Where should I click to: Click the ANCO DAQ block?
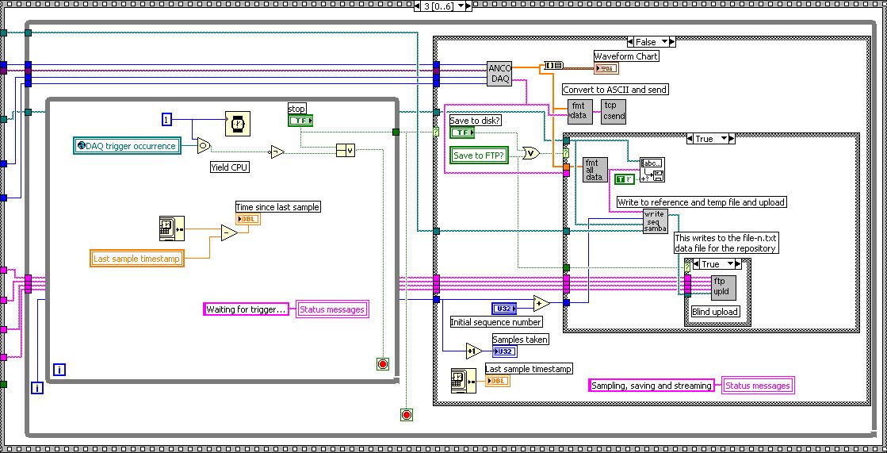click(499, 73)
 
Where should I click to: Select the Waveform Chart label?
click(626, 56)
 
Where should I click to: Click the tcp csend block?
click(614, 111)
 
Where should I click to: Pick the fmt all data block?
click(595, 171)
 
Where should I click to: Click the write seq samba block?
click(654, 222)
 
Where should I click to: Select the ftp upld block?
click(724, 286)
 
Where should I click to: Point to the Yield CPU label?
click(230, 167)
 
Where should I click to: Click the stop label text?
click(296, 108)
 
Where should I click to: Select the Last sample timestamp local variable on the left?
click(138, 258)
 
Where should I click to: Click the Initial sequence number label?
click(495, 322)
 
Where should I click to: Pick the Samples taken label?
click(520, 340)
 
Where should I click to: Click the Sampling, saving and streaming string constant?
click(652, 386)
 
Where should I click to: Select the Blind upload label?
click(715, 312)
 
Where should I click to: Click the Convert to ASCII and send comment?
click(614, 90)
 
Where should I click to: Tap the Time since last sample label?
click(277, 207)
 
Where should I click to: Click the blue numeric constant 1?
click(166, 119)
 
